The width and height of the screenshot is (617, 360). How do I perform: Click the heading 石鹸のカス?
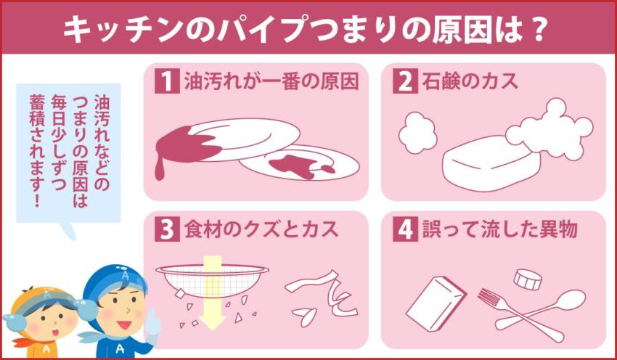(470, 81)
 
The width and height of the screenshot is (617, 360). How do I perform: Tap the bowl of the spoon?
(571, 299)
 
